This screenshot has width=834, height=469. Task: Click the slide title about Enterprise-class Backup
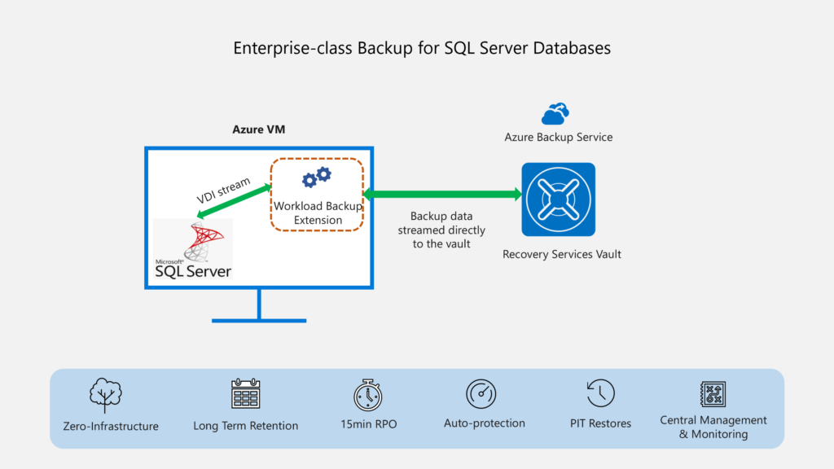422,48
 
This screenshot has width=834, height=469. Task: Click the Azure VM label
259,129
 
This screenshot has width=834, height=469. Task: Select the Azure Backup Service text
558,137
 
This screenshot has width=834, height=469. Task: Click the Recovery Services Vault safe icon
558,199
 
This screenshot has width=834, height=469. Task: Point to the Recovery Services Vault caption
561,254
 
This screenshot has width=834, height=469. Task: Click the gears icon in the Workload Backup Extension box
316,178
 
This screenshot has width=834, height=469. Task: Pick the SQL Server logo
194,248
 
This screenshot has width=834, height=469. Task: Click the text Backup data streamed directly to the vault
441,230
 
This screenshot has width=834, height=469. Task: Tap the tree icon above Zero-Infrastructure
105,395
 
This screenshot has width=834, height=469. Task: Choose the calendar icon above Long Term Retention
245,394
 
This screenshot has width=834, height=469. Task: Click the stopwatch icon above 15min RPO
367,394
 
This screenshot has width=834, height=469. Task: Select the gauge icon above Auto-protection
481,394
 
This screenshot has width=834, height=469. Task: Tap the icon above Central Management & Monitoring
713,394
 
